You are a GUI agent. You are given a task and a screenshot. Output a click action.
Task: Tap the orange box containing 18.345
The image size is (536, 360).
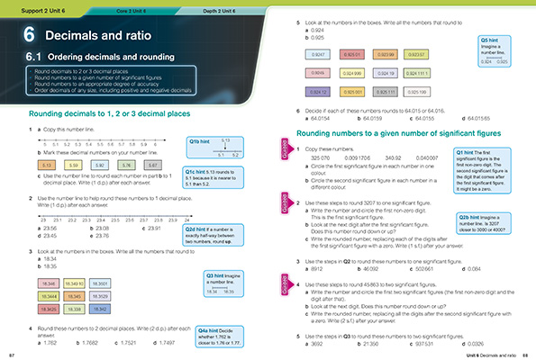click(x=74, y=295)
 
